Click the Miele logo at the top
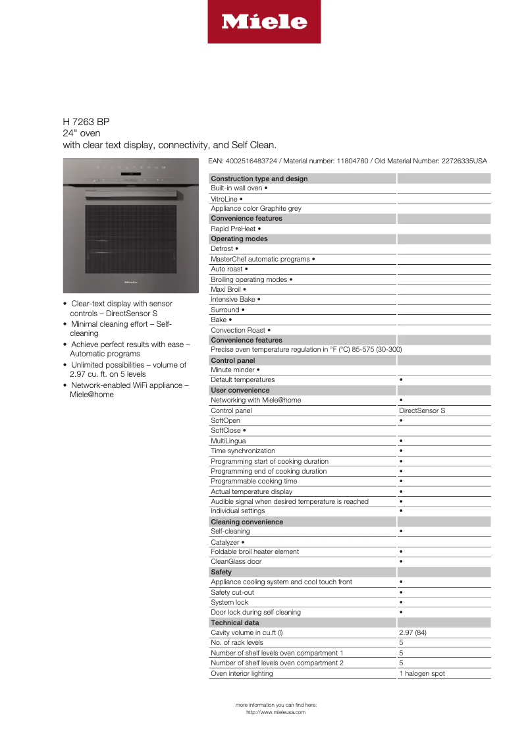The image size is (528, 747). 264,22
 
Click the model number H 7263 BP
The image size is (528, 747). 86,122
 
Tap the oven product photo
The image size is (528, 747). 130,225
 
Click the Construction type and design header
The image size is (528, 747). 259,179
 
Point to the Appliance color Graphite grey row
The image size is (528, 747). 255,208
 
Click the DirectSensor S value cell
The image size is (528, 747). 422,410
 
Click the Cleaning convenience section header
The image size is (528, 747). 247,522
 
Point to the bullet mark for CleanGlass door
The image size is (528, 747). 401,562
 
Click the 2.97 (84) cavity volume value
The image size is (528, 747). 413,632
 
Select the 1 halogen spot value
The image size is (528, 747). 422,674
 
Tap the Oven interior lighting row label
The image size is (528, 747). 242,674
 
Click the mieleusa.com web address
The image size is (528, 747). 276,712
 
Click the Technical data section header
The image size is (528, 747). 235,622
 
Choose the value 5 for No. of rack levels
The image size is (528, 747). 402,642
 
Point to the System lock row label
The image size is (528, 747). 230,602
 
